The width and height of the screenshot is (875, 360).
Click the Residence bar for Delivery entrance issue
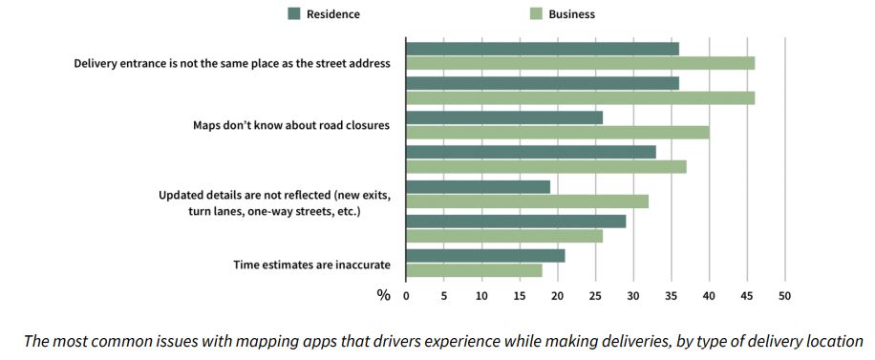pos(542,49)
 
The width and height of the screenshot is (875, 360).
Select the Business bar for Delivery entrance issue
pos(580,63)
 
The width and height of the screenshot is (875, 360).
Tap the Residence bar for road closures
pos(503,117)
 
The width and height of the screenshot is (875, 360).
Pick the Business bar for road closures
pos(557,132)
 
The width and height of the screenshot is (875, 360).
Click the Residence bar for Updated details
pos(478,187)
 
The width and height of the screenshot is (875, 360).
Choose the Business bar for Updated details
pos(526,201)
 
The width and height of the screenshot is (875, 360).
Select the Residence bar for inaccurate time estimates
pos(485,256)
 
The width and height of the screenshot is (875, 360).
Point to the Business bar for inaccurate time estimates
pos(474,270)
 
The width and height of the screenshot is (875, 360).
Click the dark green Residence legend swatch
pos(294,13)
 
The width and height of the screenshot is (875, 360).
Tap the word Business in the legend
pos(571,13)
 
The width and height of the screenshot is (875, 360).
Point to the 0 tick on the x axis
pos(406,296)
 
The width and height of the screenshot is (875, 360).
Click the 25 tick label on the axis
pos(595,296)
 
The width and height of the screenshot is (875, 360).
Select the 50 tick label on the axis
pos(784,296)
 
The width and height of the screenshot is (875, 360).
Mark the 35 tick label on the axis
pos(671,296)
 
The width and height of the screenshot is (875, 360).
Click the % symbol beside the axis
pos(383,296)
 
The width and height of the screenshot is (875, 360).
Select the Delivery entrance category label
pos(232,63)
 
